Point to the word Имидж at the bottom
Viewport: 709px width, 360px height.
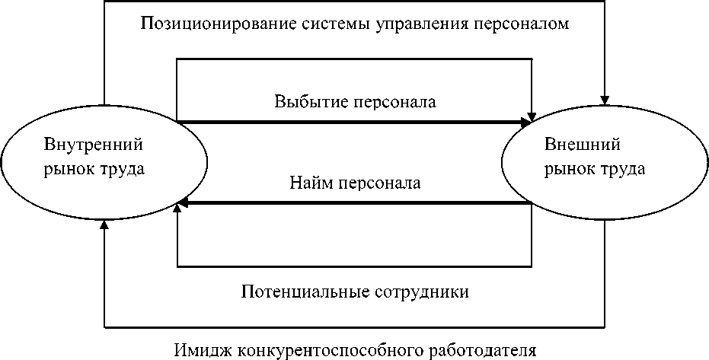pos(202,351)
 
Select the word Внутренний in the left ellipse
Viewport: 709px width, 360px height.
pos(94,145)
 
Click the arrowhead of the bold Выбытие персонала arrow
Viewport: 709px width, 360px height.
pos(526,122)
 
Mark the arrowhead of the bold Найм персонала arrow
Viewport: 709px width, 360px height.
pos(182,204)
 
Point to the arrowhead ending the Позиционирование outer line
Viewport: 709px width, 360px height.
pos(605,97)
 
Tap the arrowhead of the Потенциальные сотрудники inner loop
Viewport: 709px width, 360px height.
pos(177,206)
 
